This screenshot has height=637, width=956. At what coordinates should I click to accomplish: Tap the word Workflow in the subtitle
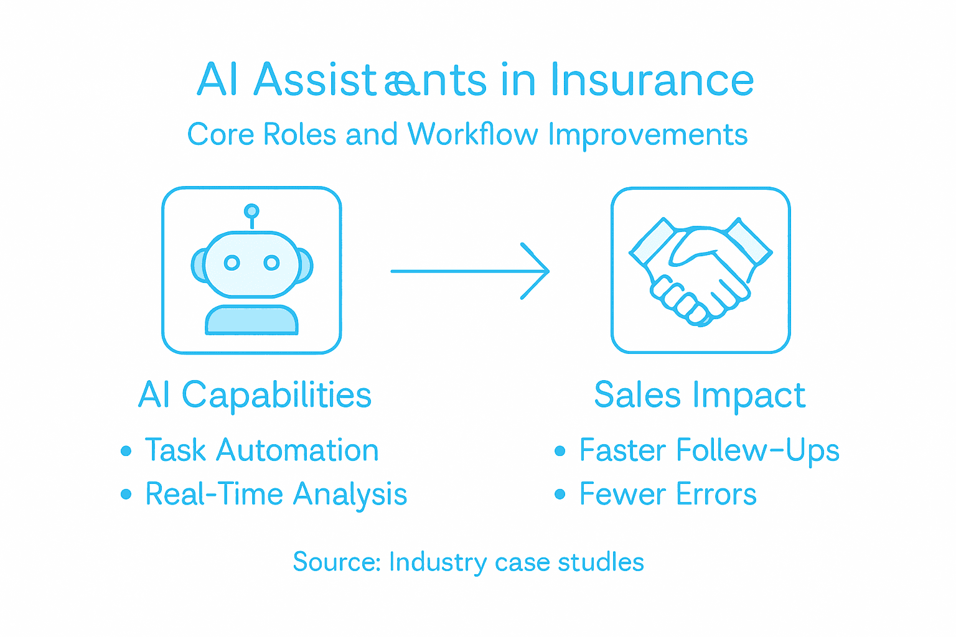(x=472, y=134)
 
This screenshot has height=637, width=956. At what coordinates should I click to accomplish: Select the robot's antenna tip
(x=251, y=211)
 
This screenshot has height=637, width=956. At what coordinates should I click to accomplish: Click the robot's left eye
(x=232, y=263)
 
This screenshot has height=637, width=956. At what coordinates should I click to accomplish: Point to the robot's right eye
(x=271, y=263)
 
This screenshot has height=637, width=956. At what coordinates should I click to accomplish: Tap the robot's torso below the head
(x=251, y=320)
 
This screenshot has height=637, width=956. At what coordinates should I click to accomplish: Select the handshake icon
(x=700, y=271)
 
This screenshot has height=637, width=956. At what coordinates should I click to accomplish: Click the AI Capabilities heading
(x=255, y=395)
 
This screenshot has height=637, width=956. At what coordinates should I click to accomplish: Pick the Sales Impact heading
(x=700, y=395)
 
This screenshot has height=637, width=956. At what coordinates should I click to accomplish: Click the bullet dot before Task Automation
(x=126, y=451)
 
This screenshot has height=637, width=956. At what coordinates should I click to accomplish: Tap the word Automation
(x=298, y=450)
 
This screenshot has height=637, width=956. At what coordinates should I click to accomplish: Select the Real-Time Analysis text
(x=276, y=495)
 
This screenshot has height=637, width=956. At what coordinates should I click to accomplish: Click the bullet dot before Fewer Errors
(x=560, y=495)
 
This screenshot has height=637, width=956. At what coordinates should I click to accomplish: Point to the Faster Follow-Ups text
(x=709, y=450)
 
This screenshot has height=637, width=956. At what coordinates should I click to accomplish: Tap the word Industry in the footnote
(x=438, y=562)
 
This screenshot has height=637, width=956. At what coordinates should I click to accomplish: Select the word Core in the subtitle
(x=221, y=134)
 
